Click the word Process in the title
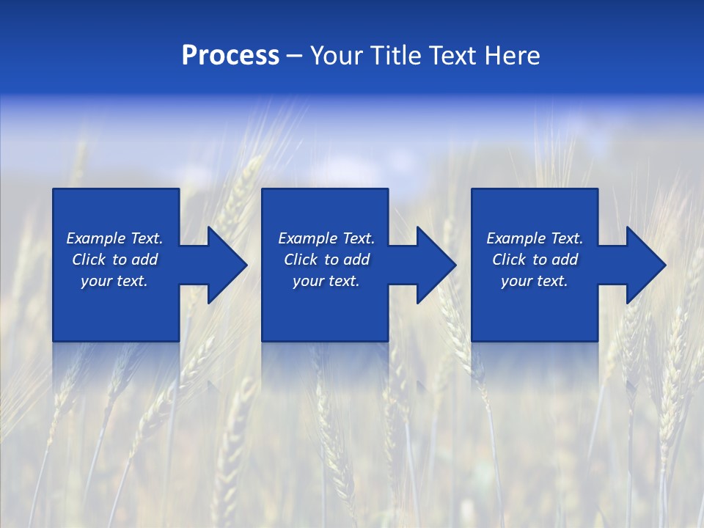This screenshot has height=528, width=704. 230,56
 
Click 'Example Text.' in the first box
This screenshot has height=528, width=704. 114,238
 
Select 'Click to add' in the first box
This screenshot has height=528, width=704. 114,260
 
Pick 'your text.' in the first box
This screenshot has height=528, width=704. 114,281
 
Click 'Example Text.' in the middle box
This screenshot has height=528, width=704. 326,238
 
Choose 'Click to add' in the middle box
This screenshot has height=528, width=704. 326,260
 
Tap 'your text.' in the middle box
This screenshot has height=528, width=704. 326,281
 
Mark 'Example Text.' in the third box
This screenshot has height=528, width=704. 535,238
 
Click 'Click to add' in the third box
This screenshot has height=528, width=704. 535,260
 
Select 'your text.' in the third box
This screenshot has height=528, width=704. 535,281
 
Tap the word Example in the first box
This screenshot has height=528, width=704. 96,238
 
